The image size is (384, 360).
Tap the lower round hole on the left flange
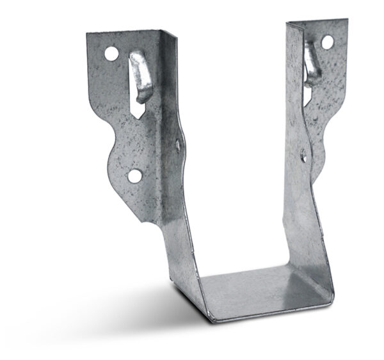pyautogui.click(x=134, y=174)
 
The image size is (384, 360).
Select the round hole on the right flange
pyautogui.click(x=326, y=43)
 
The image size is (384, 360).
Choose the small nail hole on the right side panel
pyautogui.click(x=303, y=154)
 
